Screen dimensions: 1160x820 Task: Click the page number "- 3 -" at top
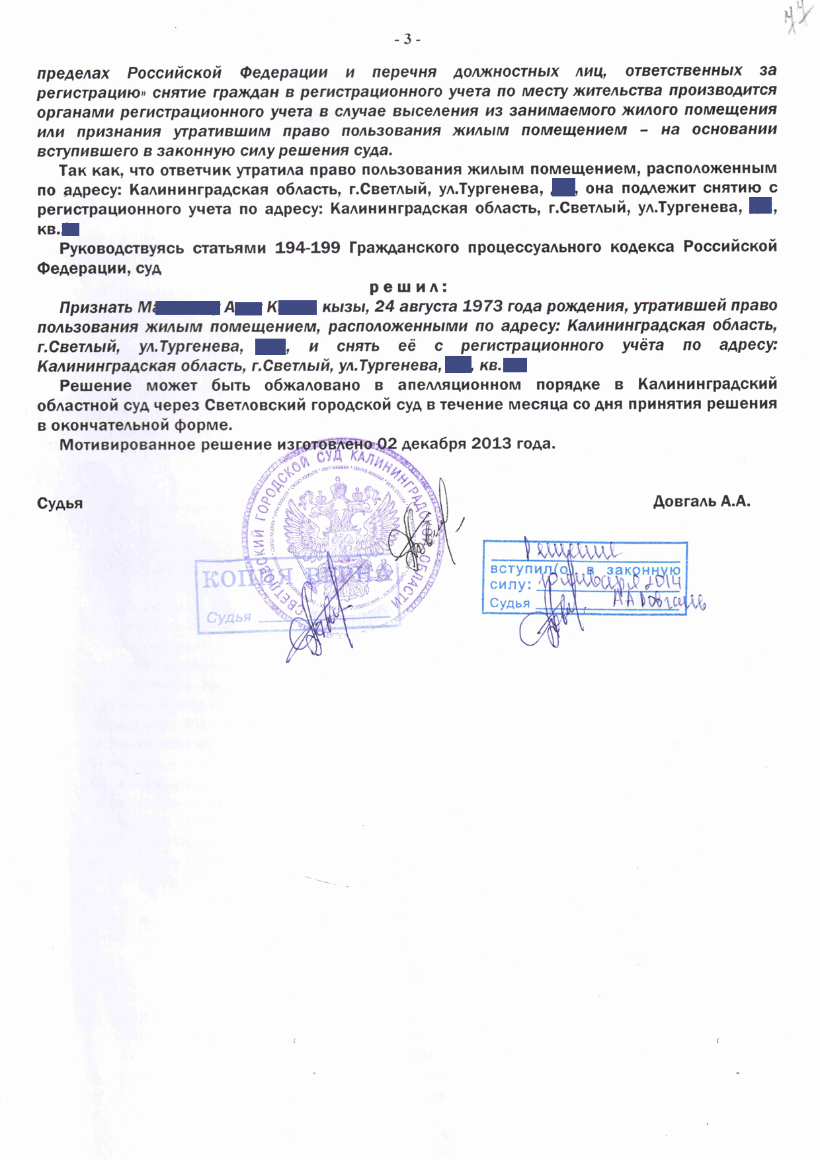click(407, 40)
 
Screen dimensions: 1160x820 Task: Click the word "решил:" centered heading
click(408, 287)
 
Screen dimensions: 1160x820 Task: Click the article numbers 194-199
click(307, 247)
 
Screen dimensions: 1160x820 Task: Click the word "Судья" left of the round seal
click(60, 504)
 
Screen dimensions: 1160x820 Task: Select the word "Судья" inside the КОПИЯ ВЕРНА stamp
click(229, 618)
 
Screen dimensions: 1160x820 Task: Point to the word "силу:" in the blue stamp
click(510, 585)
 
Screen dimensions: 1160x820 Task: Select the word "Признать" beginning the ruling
click(96, 308)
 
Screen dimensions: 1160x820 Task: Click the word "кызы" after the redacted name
click(345, 307)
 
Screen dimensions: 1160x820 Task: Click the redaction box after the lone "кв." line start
click(71, 229)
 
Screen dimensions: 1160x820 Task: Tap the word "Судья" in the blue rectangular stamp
click(509, 603)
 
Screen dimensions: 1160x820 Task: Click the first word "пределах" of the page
click(73, 72)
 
